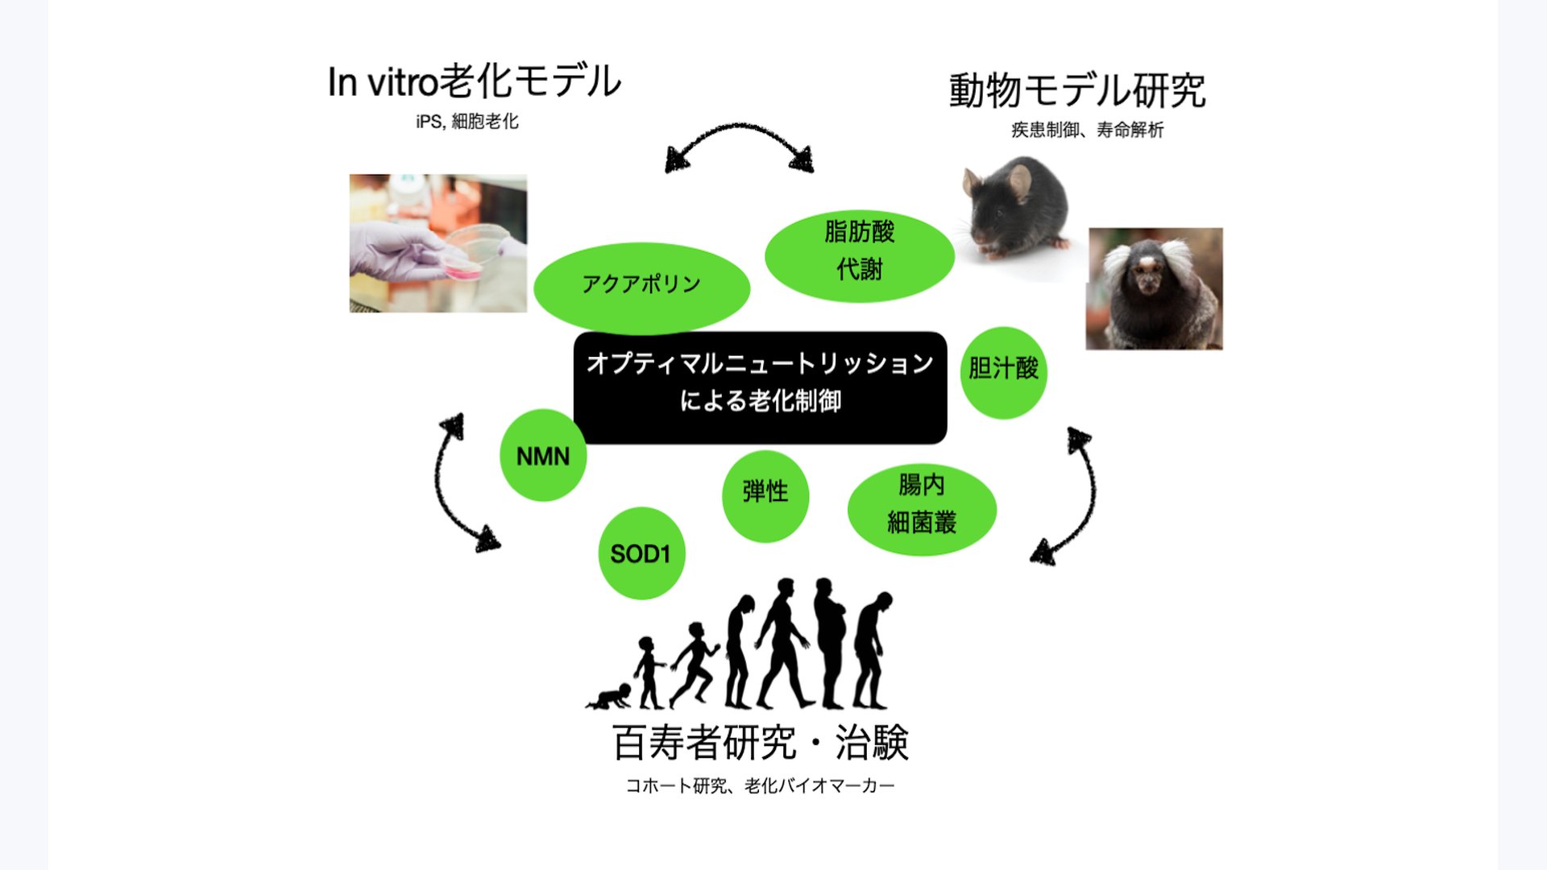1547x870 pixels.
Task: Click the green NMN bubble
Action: coord(542,456)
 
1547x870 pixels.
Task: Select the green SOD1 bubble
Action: coord(641,553)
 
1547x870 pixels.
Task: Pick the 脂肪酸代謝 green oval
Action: coord(859,251)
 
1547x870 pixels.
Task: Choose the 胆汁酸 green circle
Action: coord(1003,371)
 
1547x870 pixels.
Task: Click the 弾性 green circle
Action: coord(765,493)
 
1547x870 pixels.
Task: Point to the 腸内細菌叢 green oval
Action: coord(921,506)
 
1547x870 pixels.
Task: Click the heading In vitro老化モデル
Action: coord(474,81)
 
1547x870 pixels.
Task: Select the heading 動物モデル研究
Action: coord(1076,90)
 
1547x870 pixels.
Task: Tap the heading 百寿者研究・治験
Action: coord(760,743)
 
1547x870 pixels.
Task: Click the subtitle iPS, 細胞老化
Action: coord(467,122)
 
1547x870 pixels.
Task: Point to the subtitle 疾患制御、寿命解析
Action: coord(1087,130)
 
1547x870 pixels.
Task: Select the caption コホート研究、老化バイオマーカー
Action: coord(760,785)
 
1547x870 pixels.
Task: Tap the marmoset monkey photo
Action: coord(1154,288)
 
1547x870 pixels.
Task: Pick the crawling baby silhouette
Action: coord(611,698)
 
